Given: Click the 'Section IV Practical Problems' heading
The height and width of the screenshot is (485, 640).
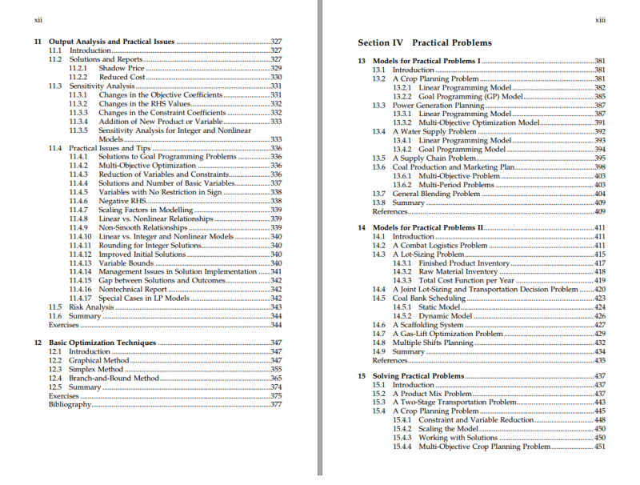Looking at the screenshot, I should [425, 43].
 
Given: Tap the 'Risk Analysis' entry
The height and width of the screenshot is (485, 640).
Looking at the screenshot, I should [91, 307].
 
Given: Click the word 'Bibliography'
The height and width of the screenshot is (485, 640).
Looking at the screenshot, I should [70, 404].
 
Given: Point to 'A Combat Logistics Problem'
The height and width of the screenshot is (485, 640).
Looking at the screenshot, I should [439, 246].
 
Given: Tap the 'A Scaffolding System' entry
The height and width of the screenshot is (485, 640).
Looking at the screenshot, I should [427, 325].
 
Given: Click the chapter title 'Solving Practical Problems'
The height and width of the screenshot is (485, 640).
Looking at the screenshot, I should [418, 376].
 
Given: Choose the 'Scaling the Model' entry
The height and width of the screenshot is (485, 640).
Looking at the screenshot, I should [448, 429].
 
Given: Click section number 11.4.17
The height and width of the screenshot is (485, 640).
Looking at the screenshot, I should [81, 299].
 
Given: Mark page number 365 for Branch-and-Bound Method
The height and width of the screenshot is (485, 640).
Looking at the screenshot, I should [276, 378].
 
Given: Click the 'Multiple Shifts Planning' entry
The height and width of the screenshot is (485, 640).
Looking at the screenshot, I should [433, 343].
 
